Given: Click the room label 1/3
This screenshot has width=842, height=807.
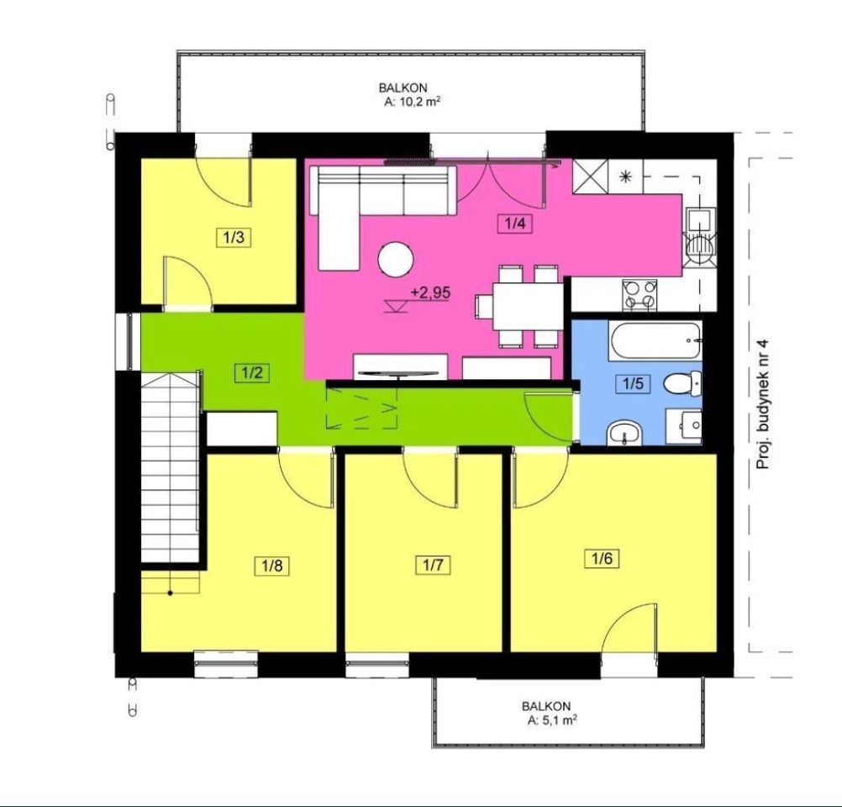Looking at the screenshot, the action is [x=234, y=237].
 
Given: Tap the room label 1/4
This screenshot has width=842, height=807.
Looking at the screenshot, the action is [x=514, y=223].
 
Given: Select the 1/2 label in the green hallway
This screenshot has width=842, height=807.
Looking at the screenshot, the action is [x=252, y=372].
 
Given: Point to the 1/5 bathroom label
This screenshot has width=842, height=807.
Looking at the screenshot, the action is [x=633, y=383].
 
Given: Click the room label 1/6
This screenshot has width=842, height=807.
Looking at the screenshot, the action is [x=602, y=559].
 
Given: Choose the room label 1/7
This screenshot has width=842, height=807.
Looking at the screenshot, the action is [x=433, y=565].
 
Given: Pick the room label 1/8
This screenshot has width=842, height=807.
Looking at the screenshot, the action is [x=272, y=566].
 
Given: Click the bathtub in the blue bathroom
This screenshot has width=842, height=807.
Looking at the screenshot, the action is [x=655, y=340].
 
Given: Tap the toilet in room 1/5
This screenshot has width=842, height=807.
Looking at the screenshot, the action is [x=682, y=383].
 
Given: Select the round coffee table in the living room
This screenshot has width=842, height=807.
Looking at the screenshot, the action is [x=396, y=260].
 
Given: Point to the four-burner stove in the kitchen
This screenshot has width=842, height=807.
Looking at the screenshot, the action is [x=639, y=294].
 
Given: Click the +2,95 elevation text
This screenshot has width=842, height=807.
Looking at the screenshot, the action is [x=430, y=293].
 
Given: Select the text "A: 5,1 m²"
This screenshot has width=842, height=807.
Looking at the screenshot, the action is [x=551, y=720].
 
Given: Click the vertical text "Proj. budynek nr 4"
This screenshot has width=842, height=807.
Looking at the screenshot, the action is [x=762, y=404].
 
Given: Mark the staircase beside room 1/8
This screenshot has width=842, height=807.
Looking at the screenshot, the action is [x=171, y=467].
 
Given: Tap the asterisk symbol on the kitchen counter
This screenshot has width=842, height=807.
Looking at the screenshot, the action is [x=625, y=177].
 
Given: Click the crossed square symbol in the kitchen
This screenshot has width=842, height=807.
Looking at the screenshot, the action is [x=591, y=176].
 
